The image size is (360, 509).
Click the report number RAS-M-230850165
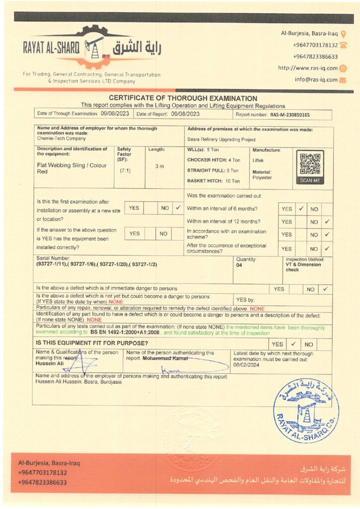point(290,115)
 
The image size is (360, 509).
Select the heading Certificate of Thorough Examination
point(183,98)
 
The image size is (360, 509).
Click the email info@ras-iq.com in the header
point(316,80)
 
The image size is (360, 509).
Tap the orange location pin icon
point(343,34)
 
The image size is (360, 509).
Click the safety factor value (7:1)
point(125,170)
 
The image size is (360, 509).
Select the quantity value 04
point(240,265)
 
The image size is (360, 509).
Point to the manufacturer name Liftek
point(259,161)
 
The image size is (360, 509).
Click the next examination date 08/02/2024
point(246,364)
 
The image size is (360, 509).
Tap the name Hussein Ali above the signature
point(50,363)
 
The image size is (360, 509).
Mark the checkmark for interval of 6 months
point(301,209)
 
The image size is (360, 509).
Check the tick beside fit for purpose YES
point(293,343)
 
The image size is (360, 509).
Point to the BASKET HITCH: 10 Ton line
point(213,181)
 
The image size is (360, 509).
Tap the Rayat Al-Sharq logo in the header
point(92,48)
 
